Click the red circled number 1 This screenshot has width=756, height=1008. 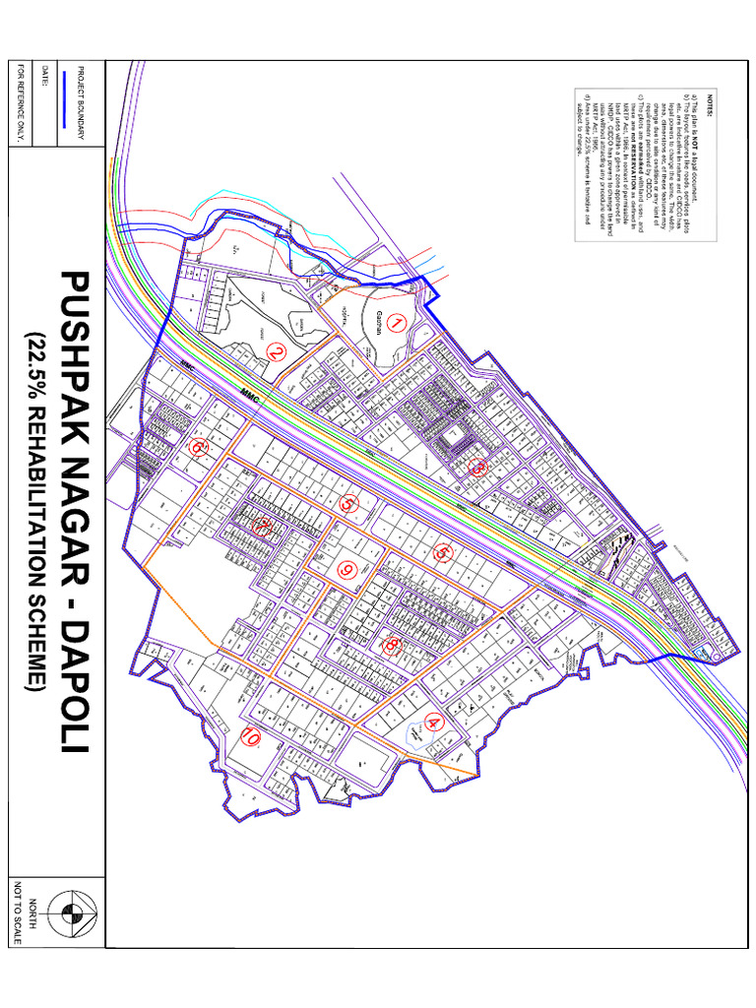click(396, 322)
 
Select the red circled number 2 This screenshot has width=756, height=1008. click(277, 351)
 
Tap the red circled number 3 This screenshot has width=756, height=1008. click(477, 468)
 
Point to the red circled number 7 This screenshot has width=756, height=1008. click(262, 526)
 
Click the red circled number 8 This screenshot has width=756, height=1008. click(391, 645)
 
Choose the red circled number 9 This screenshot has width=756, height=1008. click(346, 569)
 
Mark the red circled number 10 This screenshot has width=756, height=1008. click(250, 736)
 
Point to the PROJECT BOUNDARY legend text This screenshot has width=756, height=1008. click(81, 103)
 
